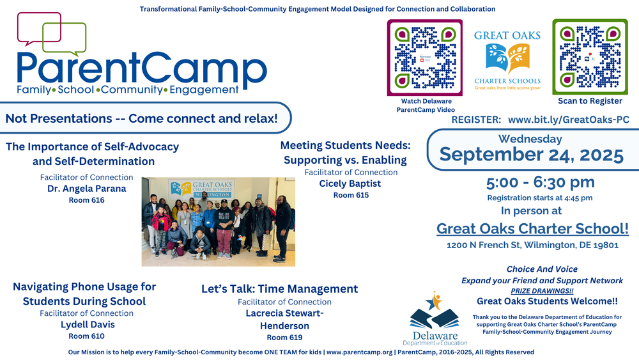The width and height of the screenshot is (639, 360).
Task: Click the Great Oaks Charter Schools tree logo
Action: point(507,57)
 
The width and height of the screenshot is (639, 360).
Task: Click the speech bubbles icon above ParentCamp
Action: point(51,33)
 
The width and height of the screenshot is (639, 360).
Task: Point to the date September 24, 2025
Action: point(531,154)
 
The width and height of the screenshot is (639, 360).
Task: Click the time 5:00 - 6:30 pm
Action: point(540,183)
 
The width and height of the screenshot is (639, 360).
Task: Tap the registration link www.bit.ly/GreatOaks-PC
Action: point(568,120)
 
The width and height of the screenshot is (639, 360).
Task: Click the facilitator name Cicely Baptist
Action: point(350,184)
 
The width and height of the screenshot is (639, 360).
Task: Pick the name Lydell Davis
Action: point(87,324)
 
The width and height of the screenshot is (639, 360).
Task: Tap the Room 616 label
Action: point(86,200)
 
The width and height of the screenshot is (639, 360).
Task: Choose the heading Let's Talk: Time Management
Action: point(279,288)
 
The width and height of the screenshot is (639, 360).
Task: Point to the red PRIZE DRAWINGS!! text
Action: point(542,291)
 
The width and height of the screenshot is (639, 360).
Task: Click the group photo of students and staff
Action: point(218,221)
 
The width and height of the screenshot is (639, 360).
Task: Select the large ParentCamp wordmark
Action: point(141,68)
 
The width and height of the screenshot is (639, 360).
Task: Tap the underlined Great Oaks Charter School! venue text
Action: point(532,228)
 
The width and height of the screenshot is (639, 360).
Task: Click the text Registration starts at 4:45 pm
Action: point(540,198)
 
